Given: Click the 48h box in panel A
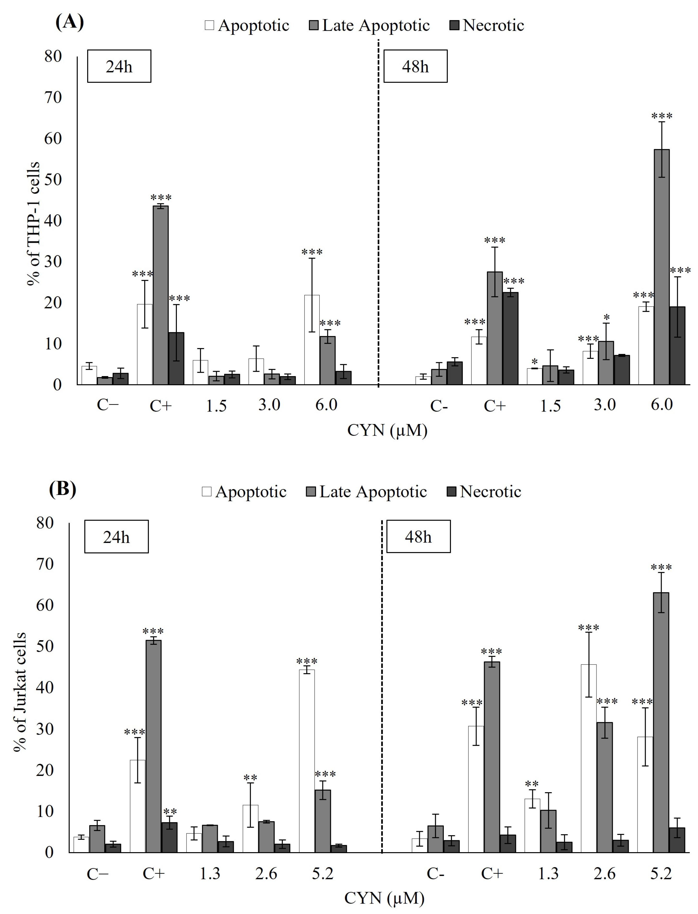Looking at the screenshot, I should [415, 66].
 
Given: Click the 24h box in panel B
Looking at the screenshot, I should [116, 537].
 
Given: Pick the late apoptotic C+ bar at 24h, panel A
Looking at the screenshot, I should [161, 295].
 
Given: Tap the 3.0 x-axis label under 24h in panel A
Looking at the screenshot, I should [269, 404].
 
